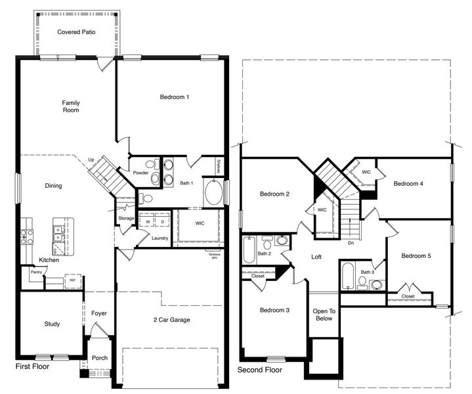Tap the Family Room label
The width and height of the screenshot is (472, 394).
click(x=70, y=106)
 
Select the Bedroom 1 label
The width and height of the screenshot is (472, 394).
click(x=175, y=97)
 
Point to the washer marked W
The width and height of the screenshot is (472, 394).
click(x=148, y=222)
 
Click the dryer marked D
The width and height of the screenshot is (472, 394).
click(x=161, y=222)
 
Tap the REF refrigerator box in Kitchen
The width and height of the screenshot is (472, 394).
click(x=73, y=280)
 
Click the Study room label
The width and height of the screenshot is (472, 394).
click(x=52, y=324)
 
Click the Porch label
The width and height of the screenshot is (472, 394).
click(x=99, y=358)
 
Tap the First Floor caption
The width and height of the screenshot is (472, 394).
click(x=32, y=366)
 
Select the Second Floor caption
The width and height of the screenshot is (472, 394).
click(x=259, y=370)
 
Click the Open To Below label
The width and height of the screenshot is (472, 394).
click(x=324, y=315)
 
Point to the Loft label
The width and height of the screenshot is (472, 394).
click(x=316, y=257)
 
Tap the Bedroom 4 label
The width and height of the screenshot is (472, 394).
click(x=408, y=184)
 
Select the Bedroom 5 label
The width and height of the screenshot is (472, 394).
click(x=416, y=255)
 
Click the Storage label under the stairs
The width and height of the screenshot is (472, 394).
click(x=126, y=218)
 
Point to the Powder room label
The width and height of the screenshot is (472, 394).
click(x=140, y=173)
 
